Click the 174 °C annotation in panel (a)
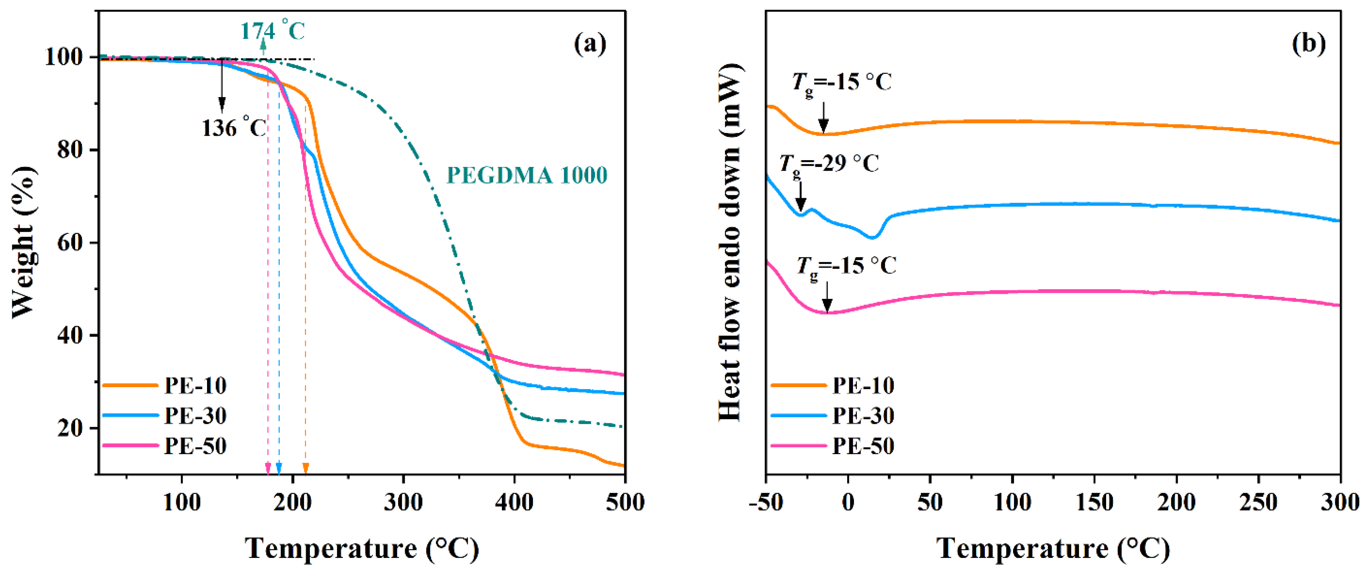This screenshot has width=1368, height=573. pos(273,31)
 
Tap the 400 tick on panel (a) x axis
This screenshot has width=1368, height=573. pos(514,502)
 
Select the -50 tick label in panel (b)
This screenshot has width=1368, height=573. pos(766,502)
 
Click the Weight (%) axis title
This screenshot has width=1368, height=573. pos(24,242)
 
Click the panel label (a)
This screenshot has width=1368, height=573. pos(590,44)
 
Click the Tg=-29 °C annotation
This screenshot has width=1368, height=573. pos(829,163)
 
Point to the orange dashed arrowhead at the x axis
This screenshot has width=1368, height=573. pos(305,468)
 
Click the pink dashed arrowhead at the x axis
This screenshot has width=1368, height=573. pos(268,468)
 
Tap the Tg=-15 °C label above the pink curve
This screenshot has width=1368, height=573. pos(846,265)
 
